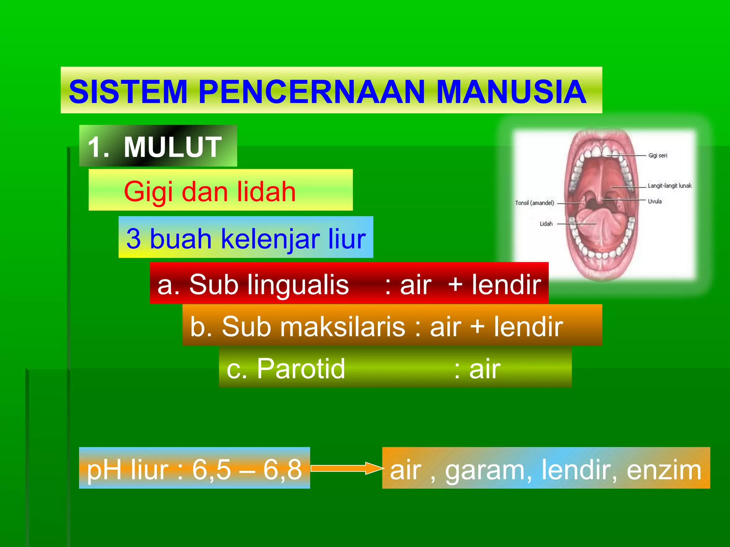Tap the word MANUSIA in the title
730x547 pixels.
pyautogui.click(x=511, y=92)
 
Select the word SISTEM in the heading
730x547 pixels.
pyautogui.click(x=128, y=92)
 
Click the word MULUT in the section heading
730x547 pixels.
pyautogui.click(x=173, y=147)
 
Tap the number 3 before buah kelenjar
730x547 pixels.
pyautogui.click(x=133, y=239)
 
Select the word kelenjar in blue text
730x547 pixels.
pyautogui.click(x=270, y=239)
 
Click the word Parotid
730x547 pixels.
pyautogui.click(x=301, y=369)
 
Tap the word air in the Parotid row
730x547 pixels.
pyautogui.click(x=484, y=369)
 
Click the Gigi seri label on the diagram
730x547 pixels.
pyautogui.click(x=658, y=156)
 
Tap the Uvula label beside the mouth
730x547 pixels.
pyautogui.click(x=654, y=202)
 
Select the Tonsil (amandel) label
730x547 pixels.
pyautogui.click(x=534, y=203)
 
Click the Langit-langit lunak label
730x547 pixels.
pyautogui.click(x=669, y=186)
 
